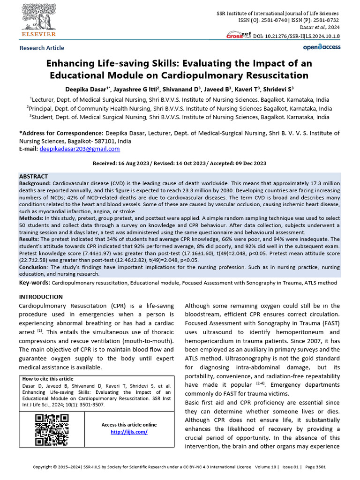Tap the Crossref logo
(239, 35)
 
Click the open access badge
(322, 47)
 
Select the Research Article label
(42, 48)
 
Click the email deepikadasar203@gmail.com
(80, 149)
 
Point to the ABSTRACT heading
(33, 176)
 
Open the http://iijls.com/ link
(129, 432)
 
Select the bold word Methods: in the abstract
(31, 218)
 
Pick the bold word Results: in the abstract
(30, 239)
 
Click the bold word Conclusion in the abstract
(34, 268)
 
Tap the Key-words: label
(34, 283)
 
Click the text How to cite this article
(48, 379)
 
